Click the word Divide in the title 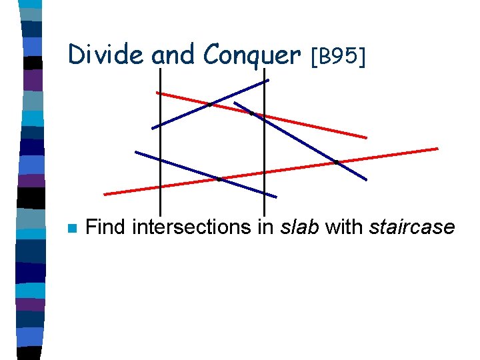(105, 55)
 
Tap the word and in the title (175, 55)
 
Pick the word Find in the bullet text (107, 227)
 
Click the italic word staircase (411, 228)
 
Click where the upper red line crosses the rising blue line (209, 104)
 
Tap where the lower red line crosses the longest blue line (337, 162)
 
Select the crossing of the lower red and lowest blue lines (219, 179)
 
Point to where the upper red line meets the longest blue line (252, 114)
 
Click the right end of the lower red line (437, 148)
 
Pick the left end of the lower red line (105, 194)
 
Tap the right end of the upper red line (366, 137)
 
